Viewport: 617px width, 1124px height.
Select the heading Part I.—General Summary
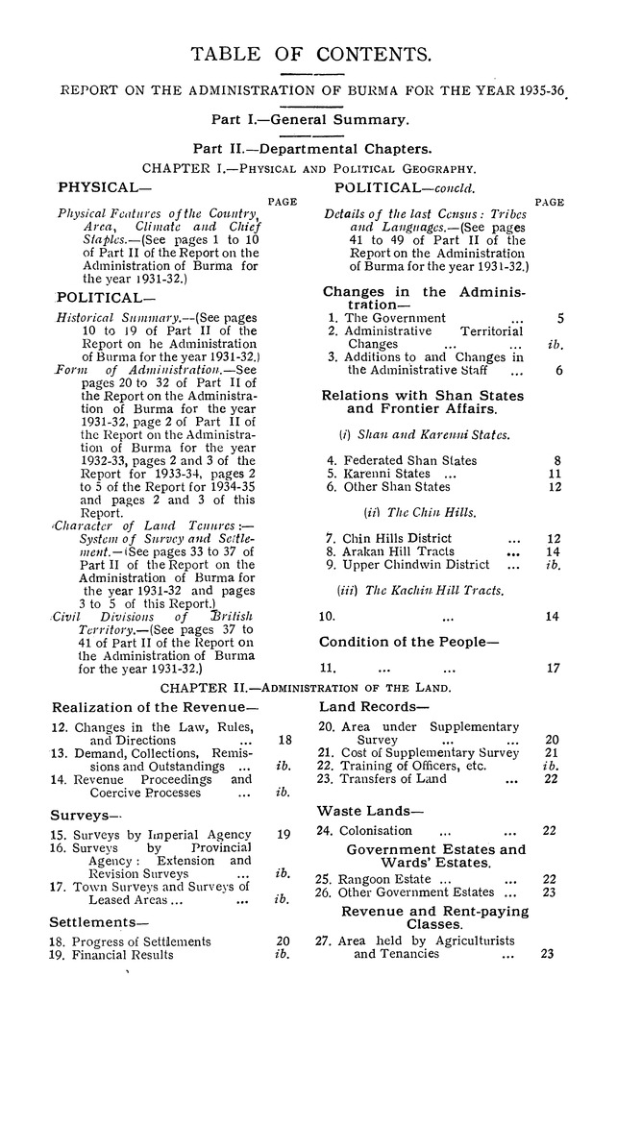[310, 120]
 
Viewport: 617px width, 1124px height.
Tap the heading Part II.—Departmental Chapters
[311, 149]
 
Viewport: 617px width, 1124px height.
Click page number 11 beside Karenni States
[554, 474]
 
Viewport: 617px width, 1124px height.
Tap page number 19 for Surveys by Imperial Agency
[283, 835]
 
